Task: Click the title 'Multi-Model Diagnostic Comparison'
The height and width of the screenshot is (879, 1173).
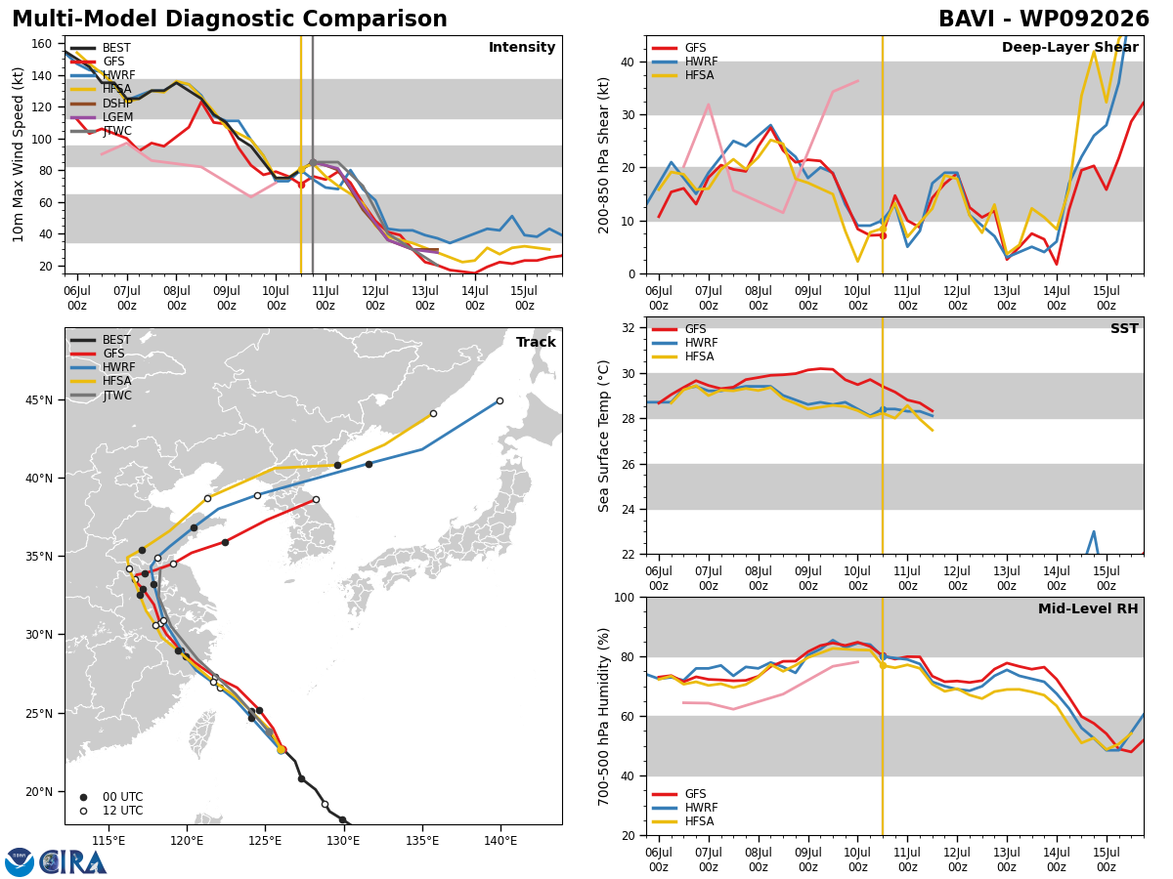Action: (x=230, y=20)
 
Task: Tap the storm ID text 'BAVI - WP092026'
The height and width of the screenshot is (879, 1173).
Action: (x=1043, y=20)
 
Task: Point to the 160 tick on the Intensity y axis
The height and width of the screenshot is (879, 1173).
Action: (x=42, y=44)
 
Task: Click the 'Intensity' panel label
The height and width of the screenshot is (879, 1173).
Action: (x=522, y=48)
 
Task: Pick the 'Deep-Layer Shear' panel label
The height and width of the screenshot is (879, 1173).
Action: (x=1069, y=48)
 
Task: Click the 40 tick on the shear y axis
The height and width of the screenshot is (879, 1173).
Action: (x=628, y=63)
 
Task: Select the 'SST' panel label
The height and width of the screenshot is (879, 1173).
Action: (x=1124, y=328)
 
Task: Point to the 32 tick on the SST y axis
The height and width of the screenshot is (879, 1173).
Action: (x=628, y=328)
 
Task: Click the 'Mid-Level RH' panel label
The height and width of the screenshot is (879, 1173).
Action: (x=1088, y=608)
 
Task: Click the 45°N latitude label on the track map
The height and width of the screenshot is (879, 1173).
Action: (x=39, y=400)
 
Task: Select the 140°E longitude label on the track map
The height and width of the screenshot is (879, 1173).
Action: (x=500, y=841)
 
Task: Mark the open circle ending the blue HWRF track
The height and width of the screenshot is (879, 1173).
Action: (x=500, y=400)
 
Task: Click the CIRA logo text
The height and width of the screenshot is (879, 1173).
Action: (x=72, y=862)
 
